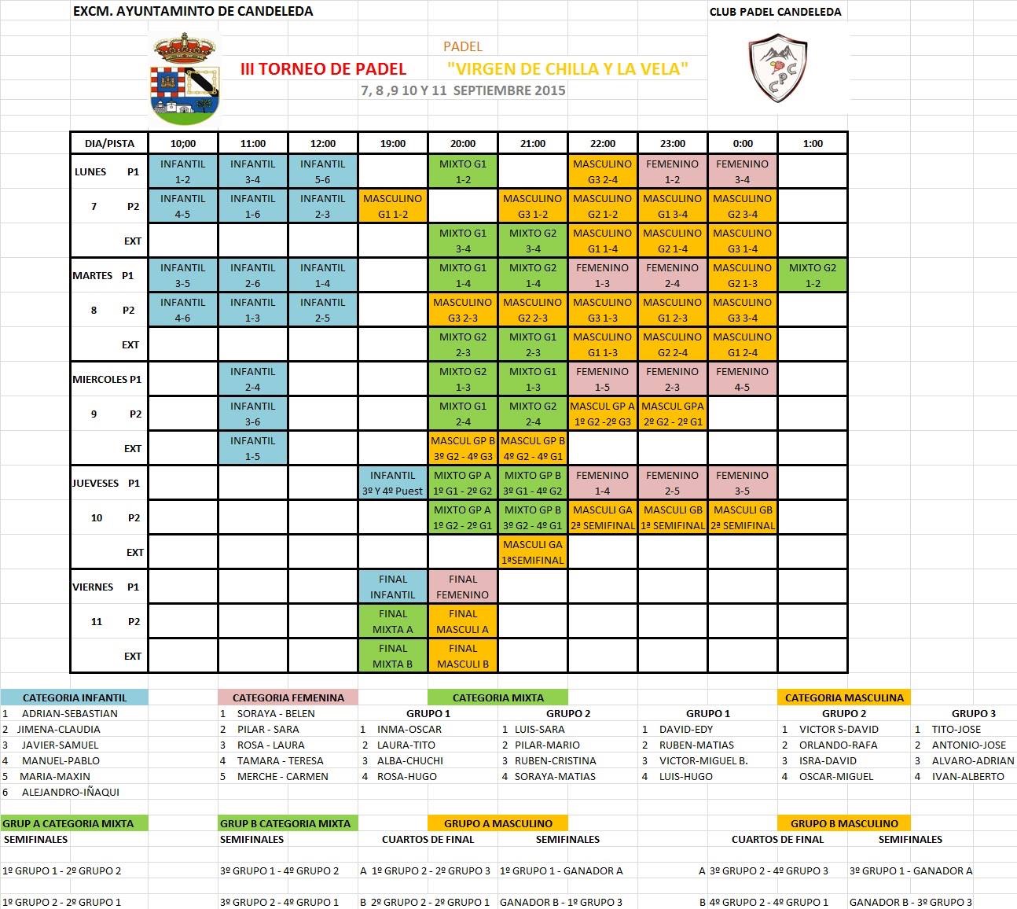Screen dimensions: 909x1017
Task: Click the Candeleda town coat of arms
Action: pyautogui.click(x=185, y=79)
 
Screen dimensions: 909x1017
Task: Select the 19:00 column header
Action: pyautogui.click(x=393, y=143)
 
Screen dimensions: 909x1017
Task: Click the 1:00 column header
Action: pyautogui.click(x=813, y=143)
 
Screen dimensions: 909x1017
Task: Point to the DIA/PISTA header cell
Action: pyautogui.click(x=109, y=143)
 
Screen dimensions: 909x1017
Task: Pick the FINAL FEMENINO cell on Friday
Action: pyautogui.click(x=463, y=587)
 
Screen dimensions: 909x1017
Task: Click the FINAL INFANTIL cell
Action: pyautogui.click(x=393, y=587)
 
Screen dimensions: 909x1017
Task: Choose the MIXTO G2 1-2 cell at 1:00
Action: pyautogui.click(x=813, y=275)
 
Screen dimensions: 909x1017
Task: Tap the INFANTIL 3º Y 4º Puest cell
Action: pyautogui.click(x=393, y=483)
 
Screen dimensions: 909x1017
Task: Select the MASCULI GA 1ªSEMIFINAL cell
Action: pyautogui.click(x=533, y=552)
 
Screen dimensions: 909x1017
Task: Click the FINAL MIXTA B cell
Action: pyautogui.click(x=393, y=656)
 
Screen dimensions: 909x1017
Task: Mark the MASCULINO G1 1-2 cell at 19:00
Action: pyautogui.click(x=393, y=206)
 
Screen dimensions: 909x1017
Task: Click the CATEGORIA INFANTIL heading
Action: pyautogui.click(x=75, y=697)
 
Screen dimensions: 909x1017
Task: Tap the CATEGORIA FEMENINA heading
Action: pyautogui.click(x=288, y=697)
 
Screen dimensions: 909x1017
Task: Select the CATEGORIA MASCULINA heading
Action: pyautogui.click(x=844, y=697)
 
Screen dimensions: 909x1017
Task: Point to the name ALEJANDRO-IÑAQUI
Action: pyautogui.click(x=71, y=792)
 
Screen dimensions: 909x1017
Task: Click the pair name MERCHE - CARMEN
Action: pyautogui.click(x=283, y=776)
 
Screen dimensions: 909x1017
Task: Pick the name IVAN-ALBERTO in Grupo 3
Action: pyautogui.click(x=967, y=776)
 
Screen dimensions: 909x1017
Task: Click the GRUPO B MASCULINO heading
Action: pyautogui.click(x=844, y=823)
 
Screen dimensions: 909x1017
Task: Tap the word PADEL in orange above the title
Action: pyautogui.click(x=463, y=46)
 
